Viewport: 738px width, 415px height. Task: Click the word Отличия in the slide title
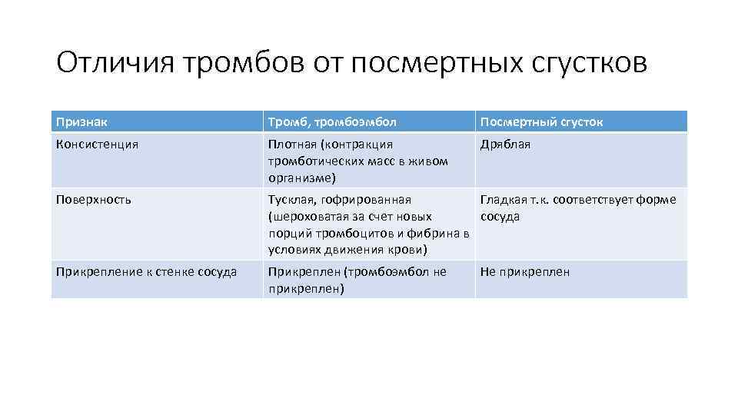click(115, 63)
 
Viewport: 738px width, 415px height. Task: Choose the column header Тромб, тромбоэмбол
click(331, 122)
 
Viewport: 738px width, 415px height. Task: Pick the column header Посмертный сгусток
click(541, 122)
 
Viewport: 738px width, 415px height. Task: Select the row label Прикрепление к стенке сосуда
click(147, 272)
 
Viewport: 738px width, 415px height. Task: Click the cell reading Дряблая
click(505, 144)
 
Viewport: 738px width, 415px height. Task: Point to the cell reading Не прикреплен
click(525, 272)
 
